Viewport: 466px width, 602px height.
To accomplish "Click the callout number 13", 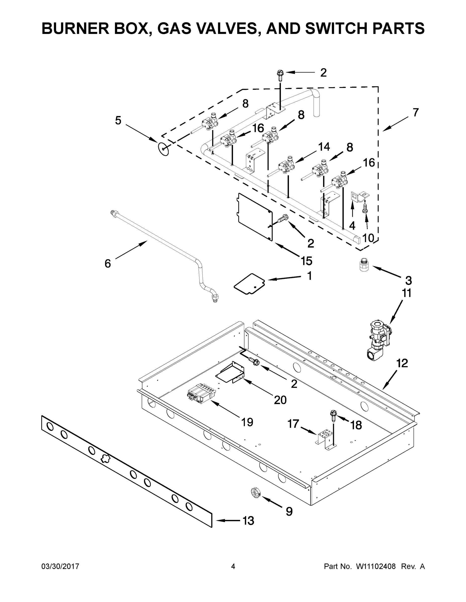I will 248,521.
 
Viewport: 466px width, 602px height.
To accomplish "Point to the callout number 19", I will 247,422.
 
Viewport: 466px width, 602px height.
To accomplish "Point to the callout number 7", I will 416,112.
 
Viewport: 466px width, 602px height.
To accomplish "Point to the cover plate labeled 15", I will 255,217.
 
